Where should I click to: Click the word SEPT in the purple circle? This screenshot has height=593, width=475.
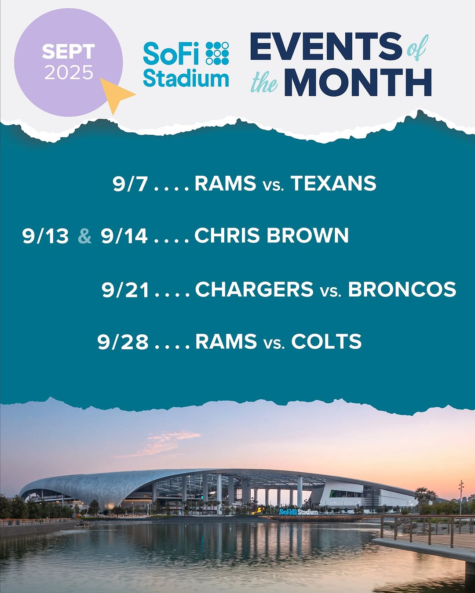click(69, 51)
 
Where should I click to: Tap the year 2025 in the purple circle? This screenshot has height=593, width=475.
click(69, 72)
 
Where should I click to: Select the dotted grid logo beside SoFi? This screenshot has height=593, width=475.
click(217, 53)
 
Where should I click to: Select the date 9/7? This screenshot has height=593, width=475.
click(130, 184)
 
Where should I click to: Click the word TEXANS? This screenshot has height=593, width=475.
click(333, 183)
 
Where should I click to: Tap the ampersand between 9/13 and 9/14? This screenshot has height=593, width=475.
click(85, 236)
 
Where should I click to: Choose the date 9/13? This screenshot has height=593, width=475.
click(45, 236)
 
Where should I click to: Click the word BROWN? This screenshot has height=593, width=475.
click(307, 235)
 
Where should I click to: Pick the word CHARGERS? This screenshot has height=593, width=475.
click(254, 289)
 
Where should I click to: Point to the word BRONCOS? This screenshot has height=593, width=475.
click(402, 289)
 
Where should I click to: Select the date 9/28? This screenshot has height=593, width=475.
click(123, 342)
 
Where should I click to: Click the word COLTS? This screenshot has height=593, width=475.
click(326, 341)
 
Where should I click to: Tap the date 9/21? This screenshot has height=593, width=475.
click(125, 290)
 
